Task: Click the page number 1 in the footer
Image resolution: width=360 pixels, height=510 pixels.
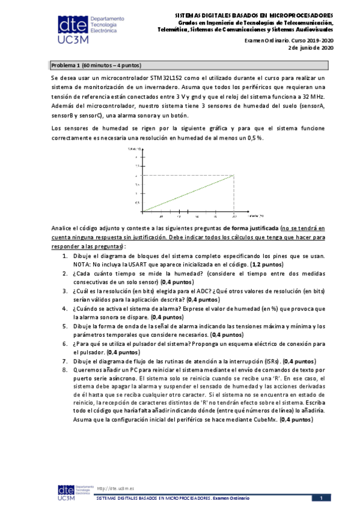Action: click(321, 498)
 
